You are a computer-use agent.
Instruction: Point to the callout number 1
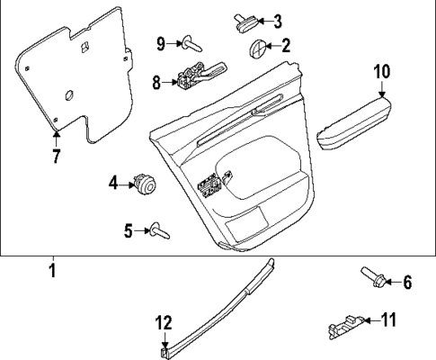point(52,269)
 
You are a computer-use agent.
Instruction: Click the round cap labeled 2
point(256,47)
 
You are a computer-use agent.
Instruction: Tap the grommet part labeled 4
point(144,184)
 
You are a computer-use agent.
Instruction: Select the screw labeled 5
point(158,230)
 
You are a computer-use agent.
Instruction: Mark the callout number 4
point(114,184)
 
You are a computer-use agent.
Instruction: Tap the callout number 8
point(156,82)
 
